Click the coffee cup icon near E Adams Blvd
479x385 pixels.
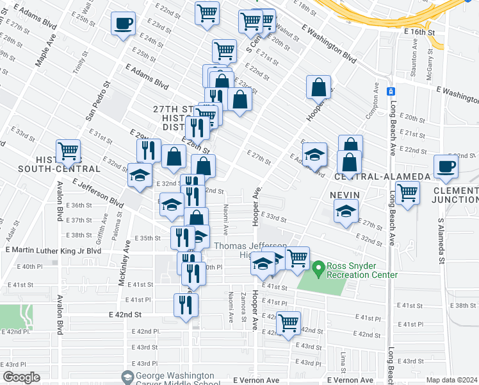pos(122,24)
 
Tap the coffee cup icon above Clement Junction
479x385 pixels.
pos(446,166)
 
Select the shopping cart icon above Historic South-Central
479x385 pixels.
pos(68,151)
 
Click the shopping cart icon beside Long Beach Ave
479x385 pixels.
pos(407,192)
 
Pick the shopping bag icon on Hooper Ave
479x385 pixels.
pos(318,87)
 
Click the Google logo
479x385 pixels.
pos(20,377)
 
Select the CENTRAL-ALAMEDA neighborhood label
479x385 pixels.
pos(364,176)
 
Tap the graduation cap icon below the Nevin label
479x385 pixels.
pos(346,211)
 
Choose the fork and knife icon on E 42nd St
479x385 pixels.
pos(186,304)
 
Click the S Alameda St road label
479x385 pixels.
pos(441,239)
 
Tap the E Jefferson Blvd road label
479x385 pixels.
pos(98,193)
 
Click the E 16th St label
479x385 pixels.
pos(419,31)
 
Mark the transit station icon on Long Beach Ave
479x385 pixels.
pos(390,90)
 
